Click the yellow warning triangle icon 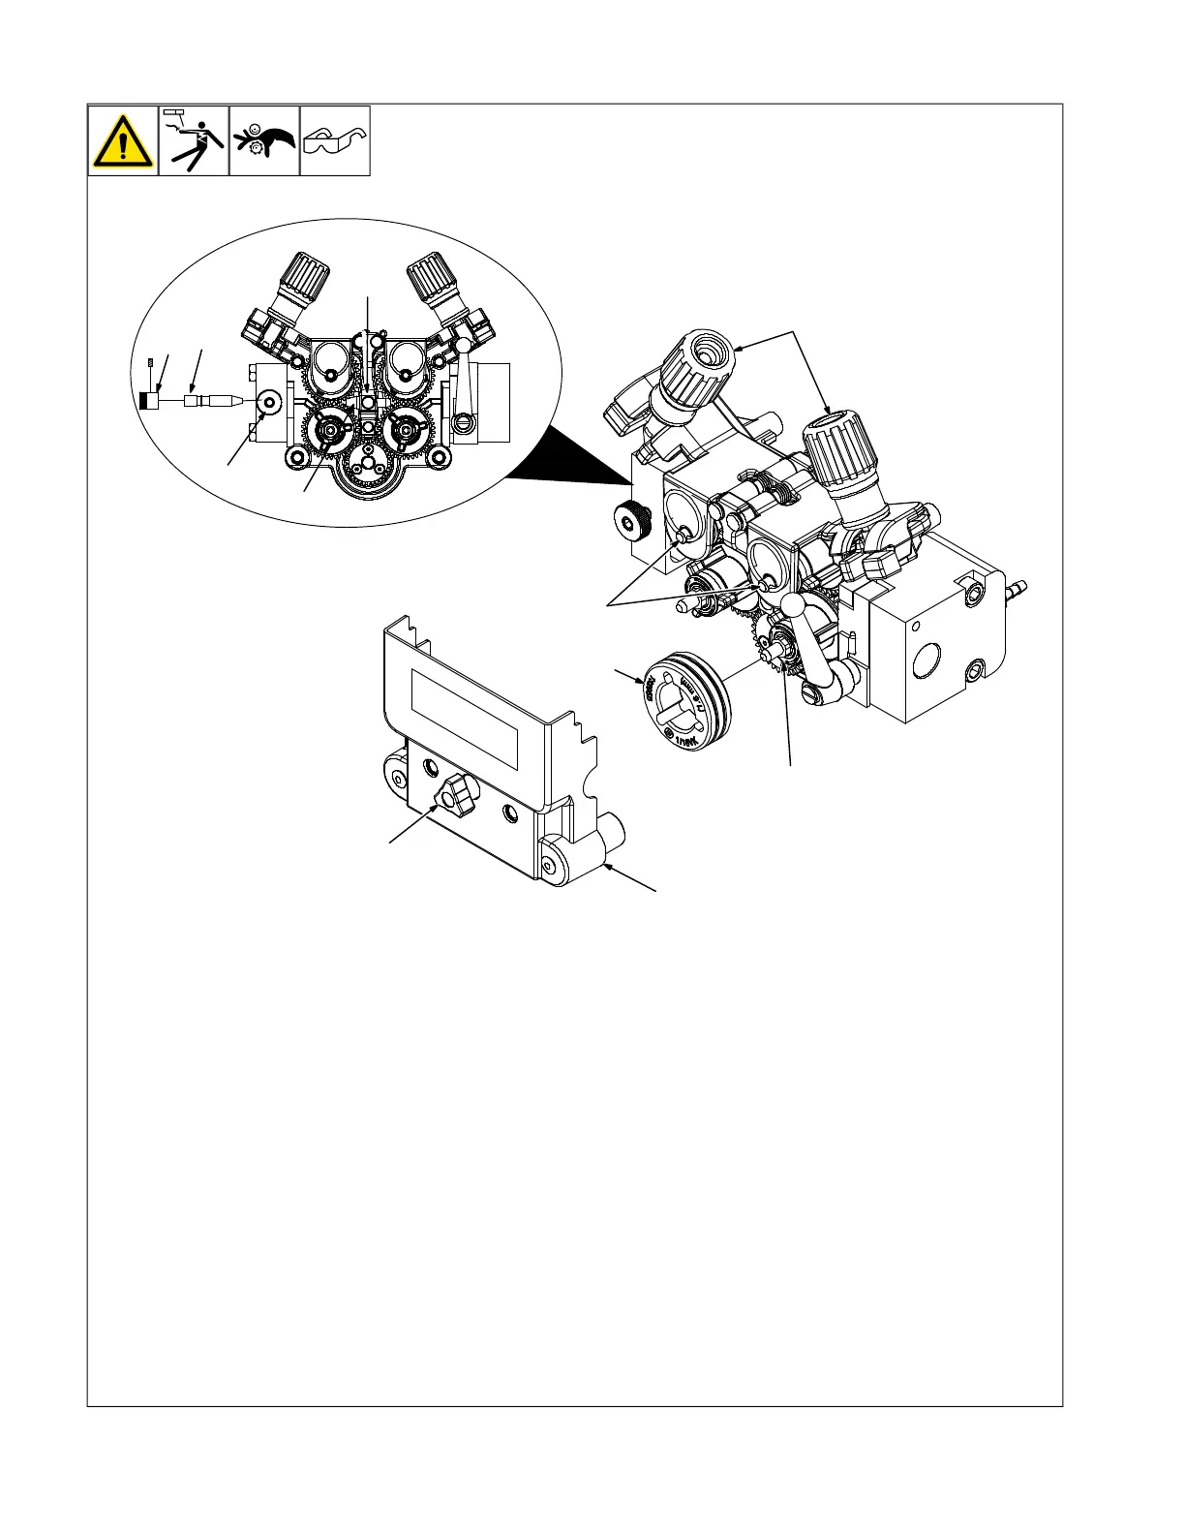tap(123, 141)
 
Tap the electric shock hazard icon tap(194, 141)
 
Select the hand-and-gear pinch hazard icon tap(264, 141)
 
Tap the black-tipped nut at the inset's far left tap(148, 400)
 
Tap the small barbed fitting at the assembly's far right tap(1016, 588)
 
